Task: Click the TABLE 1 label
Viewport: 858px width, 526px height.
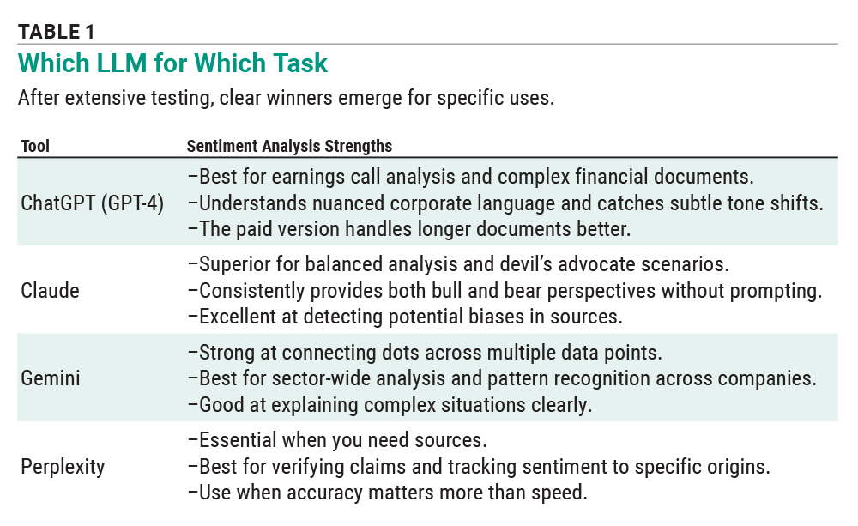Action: click(56, 32)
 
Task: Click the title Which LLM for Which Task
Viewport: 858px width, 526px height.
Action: click(172, 63)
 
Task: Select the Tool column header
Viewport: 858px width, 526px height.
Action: click(35, 146)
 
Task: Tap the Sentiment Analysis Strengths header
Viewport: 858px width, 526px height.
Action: click(289, 146)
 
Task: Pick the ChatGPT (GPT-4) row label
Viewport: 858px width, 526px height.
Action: click(92, 204)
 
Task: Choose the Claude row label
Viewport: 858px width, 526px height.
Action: click(50, 290)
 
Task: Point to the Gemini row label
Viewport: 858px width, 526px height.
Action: click(51, 377)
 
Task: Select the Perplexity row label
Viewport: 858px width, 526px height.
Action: click(63, 467)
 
